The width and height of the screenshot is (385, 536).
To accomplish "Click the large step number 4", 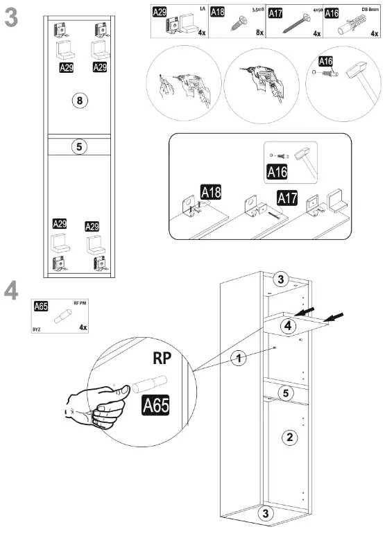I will [x=12, y=291].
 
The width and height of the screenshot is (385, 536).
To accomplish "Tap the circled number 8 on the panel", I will [x=80, y=101].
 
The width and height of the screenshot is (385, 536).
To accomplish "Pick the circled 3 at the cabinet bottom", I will [x=264, y=514].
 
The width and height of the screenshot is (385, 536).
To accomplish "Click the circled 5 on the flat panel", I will [x=80, y=147].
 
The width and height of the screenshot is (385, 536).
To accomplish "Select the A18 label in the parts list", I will [x=219, y=12].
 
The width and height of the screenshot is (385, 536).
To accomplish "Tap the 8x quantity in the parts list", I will [x=259, y=33].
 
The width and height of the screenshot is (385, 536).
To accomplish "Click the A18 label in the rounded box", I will [x=210, y=192].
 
